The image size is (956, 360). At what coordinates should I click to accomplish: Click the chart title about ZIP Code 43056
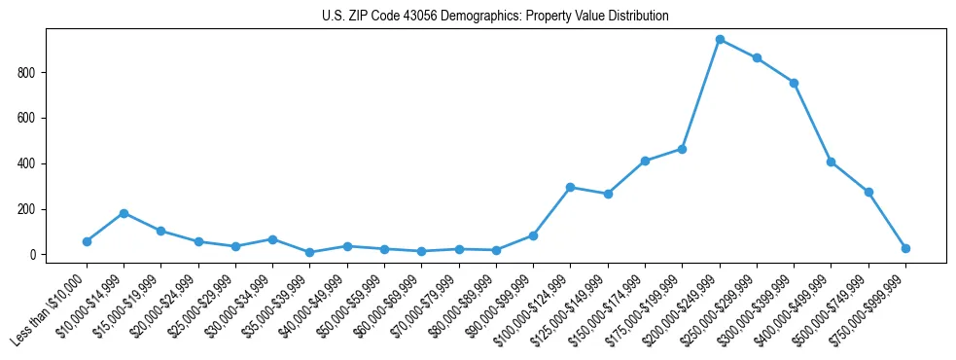click(495, 17)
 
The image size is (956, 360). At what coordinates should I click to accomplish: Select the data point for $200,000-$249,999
click(720, 40)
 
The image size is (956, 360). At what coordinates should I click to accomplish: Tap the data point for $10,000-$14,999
click(124, 213)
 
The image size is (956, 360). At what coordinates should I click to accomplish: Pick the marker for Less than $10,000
click(87, 241)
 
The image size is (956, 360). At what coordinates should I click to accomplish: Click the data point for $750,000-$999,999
click(905, 248)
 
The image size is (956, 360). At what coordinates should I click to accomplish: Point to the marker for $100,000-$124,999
click(571, 187)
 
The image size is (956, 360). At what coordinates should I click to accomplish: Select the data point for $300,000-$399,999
click(794, 83)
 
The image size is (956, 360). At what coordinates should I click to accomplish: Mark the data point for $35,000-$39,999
click(309, 252)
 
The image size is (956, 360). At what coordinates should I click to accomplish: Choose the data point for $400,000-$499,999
click(831, 162)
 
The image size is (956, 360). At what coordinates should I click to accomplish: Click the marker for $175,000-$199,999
click(682, 149)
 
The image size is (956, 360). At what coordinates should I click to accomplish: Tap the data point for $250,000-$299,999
click(757, 58)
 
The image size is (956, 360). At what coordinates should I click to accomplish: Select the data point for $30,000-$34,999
click(272, 239)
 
